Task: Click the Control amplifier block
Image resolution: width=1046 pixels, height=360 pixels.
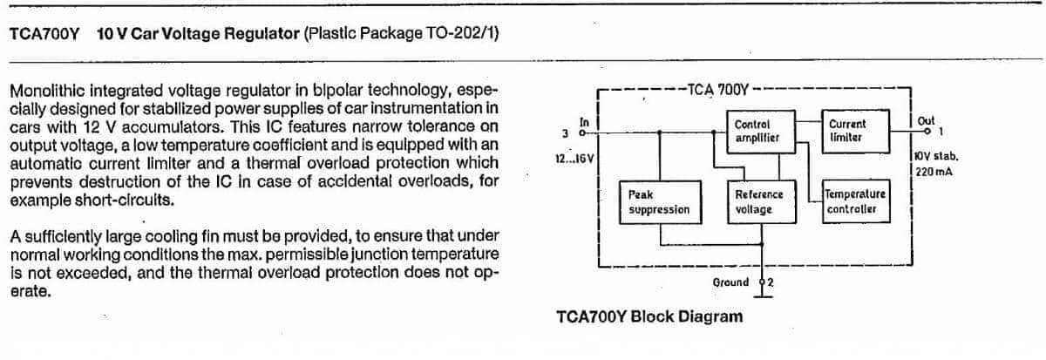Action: pos(761,132)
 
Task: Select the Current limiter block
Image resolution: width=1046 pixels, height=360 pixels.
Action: pos(855,132)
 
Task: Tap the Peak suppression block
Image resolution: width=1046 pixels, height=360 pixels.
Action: pos(661,202)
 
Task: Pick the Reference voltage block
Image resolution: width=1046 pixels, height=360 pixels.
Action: pos(762,202)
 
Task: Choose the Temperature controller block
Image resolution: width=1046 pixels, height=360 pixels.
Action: pos(856,201)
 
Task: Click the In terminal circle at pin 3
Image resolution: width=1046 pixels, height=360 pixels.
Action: pos(582,133)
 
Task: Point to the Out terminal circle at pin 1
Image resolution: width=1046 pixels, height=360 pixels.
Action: pos(927,132)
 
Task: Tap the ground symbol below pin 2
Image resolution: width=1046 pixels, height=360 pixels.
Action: pos(763,296)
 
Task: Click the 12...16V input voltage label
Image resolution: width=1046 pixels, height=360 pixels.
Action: pos(574,159)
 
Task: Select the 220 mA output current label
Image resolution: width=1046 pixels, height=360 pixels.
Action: pos(934,172)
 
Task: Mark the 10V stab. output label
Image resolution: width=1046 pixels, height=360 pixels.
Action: pos(936,156)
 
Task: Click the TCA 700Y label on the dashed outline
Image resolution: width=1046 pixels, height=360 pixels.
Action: pos(717,89)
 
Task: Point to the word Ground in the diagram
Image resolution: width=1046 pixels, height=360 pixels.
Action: pos(730,282)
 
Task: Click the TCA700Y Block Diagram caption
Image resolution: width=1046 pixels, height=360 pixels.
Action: pos(649,316)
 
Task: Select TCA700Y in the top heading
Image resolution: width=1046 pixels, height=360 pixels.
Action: pos(44,34)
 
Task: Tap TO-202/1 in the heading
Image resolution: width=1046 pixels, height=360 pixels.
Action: pos(461,34)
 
